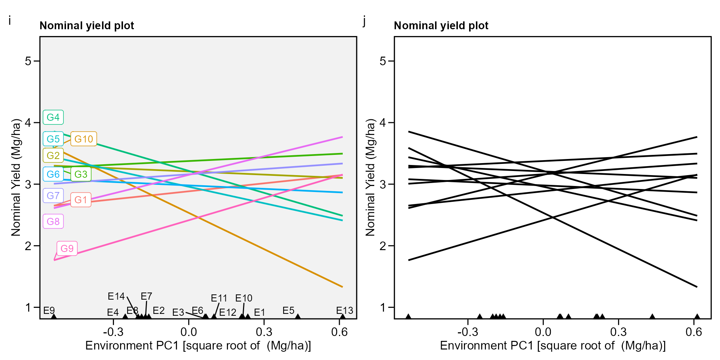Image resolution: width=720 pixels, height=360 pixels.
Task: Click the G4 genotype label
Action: (x=53, y=117)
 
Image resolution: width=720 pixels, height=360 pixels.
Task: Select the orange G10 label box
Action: (x=84, y=139)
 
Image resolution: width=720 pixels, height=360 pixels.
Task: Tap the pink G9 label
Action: (x=67, y=249)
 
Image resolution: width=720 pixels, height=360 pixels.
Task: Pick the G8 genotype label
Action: (x=53, y=222)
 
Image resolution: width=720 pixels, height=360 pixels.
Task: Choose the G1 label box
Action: (x=81, y=200)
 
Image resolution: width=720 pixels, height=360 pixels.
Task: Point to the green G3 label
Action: (x=81, y=174)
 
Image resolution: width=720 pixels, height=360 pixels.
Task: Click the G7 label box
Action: (x=53, y=195)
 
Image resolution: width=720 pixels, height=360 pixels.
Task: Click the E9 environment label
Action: (x=49, y=310)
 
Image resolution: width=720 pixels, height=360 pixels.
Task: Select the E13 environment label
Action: (x=344, y=310)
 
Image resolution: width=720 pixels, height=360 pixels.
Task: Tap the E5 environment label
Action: (x=288, y=310)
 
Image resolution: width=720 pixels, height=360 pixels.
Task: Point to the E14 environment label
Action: (x=116, y=296)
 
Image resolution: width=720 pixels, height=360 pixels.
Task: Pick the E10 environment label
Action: (x=244, y=298)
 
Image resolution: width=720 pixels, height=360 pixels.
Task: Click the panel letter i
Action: (x=10, y=21)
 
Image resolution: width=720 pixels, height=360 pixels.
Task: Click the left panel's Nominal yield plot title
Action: (x=87, y=25)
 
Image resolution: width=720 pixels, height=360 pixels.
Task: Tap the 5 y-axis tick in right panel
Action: (x=382, y=61)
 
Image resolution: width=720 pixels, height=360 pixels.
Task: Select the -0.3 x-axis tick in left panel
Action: (x=113, y=332)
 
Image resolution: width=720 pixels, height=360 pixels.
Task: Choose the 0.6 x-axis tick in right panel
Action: (x=694, y=332)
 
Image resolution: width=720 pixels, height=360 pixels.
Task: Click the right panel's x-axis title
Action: (x=553, y=345)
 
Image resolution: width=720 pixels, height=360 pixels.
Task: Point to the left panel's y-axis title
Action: (x=16, y=177)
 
